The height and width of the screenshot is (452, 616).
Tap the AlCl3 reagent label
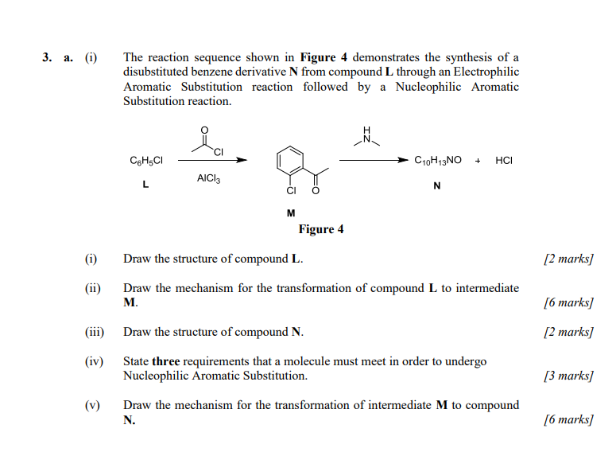coord(208,179)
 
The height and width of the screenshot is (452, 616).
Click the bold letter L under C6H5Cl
coord(145,185)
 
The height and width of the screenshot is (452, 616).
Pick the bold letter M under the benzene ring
coord(291,213)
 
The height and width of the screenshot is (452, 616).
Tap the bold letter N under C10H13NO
coord(437,185)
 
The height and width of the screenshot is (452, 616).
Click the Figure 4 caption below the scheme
coord(320,229)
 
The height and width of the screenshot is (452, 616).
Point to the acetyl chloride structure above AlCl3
coord(208,142)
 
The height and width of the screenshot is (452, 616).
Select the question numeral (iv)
coord(95,361)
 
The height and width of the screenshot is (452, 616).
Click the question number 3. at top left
coord(49,57)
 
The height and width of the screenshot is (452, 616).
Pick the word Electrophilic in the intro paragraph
coord(485,72)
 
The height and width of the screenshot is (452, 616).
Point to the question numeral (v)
coord(92,405)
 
